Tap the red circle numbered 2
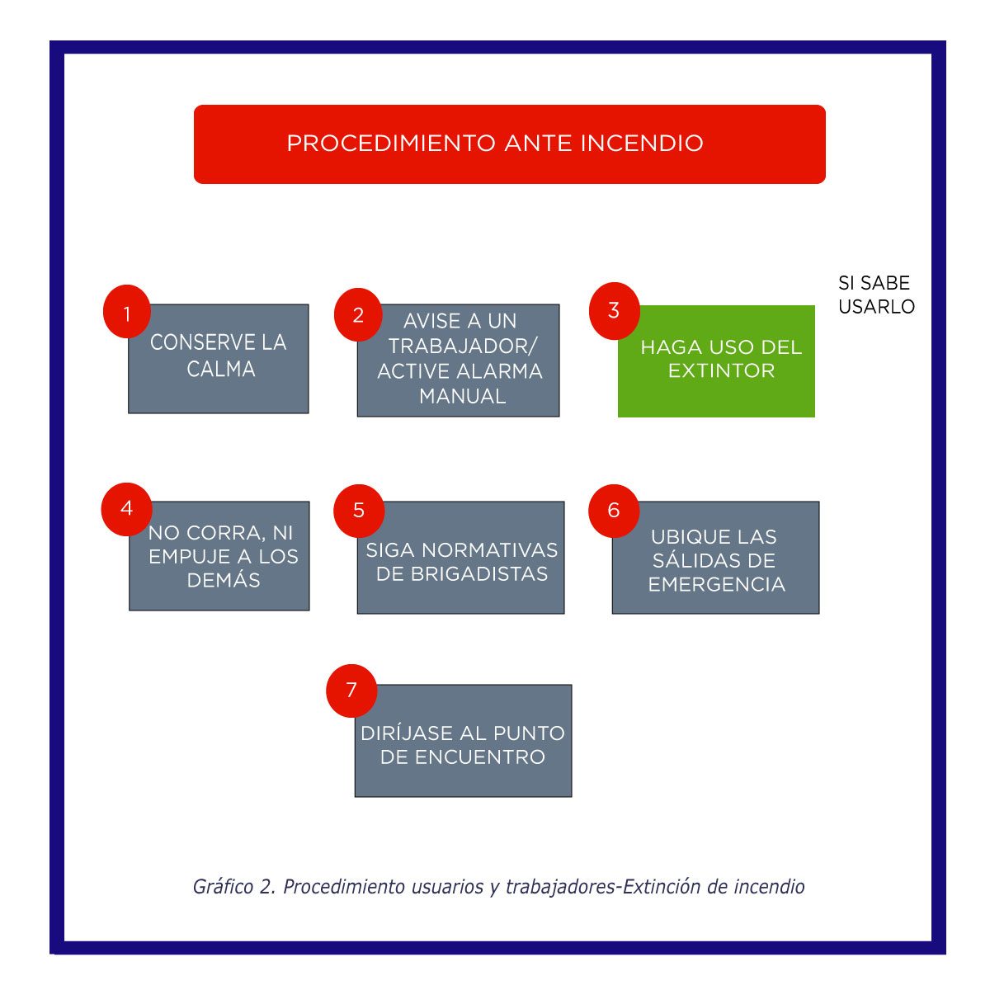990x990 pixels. coord(358,314)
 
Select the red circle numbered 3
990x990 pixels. coord(614,310)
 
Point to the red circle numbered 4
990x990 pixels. coord(126,508)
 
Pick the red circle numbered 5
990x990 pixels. coord(359,510)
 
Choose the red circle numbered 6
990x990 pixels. coord(613,510)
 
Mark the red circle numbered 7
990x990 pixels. coord(351,690)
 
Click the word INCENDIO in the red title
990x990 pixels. coord(642,144)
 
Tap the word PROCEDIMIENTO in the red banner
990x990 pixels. coord(390,144)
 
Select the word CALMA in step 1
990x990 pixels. coord(220,369)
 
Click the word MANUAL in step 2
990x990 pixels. coord(462,396)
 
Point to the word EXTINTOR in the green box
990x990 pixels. coord(721,370)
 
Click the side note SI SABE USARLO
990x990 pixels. coord(876,295)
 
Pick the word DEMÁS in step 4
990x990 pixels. coord(224,580)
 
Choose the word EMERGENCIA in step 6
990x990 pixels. coord(716,585)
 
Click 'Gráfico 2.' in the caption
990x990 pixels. coord(233,887)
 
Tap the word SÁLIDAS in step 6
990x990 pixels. coord(714,561)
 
